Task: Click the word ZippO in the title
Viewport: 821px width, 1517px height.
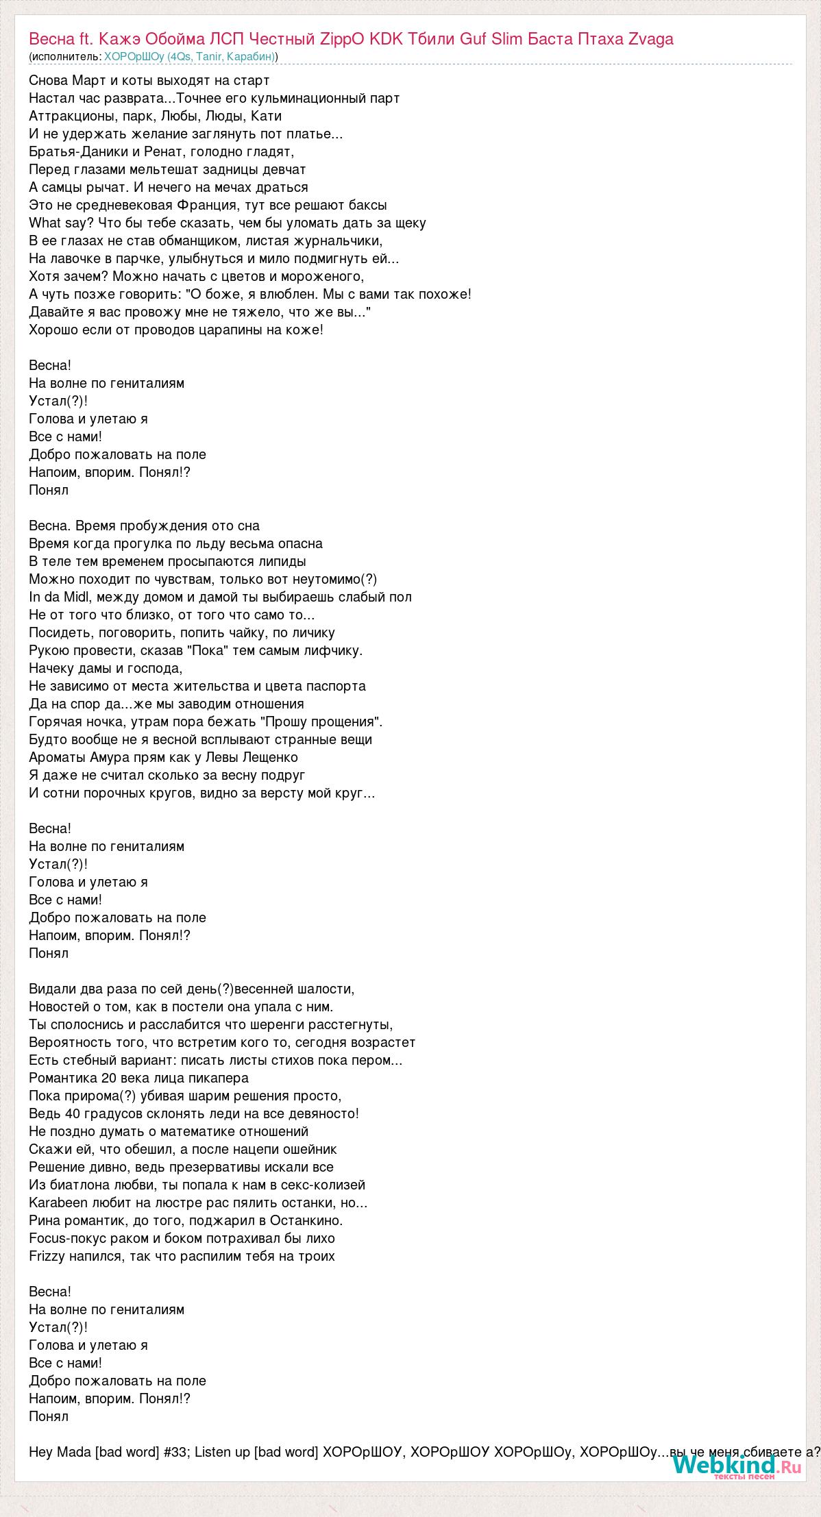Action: [343, 39]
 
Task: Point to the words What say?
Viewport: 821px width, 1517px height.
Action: [62, 223]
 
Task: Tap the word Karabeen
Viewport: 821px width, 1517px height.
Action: [58, 1202]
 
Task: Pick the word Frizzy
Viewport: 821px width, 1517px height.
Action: [49, 1256]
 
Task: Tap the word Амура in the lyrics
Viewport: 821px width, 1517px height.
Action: [107, 757]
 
